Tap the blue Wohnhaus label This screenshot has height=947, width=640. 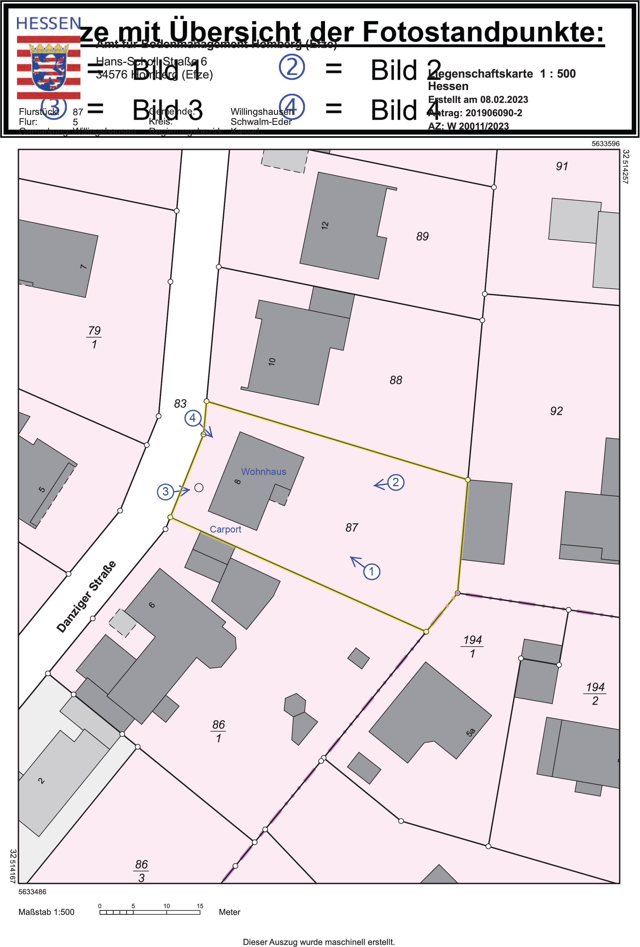point(264,472)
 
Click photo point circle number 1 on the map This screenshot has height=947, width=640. point(371,571)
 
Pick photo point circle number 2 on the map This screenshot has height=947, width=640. point(395,482)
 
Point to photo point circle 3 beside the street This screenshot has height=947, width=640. point(165,491)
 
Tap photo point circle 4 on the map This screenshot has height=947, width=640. point(193,418)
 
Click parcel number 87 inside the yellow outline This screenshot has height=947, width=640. point(352,528)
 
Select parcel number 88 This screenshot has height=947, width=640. point(396,380)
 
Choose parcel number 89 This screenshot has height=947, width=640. point(422,236)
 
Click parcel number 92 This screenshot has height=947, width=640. point(556,411)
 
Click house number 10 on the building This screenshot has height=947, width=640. point(272,361)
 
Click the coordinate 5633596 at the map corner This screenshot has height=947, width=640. point(605,144)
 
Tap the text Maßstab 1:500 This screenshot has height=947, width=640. point(46,912)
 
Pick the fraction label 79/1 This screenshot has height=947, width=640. point(94,337)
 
